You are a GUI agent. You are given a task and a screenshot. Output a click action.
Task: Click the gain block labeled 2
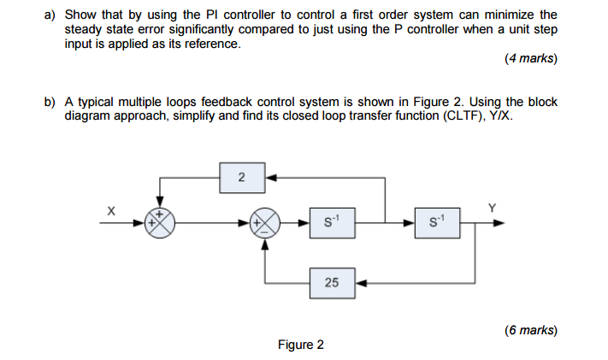tap(241, 177)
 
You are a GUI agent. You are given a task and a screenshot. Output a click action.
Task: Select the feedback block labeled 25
tap(331, 282)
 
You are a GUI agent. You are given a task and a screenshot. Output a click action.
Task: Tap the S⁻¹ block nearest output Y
tap(438, 224)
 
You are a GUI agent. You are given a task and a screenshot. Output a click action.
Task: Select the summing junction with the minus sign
tap(264, 224)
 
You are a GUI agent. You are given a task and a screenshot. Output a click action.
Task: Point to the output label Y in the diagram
tap(491, 206)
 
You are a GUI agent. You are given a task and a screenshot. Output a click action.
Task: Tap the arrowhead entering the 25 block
tap(359, 282)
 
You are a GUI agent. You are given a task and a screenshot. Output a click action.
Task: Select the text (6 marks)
tap(530, 329)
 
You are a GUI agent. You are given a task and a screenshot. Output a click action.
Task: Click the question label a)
tap(50, 15)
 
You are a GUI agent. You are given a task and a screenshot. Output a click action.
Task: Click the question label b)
tap(50, 102)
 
